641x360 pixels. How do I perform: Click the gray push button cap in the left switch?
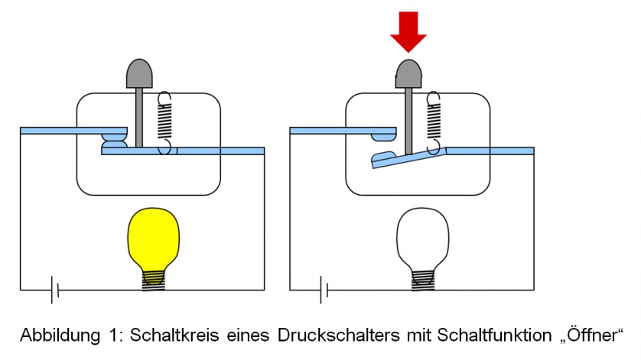(x=139, y=73)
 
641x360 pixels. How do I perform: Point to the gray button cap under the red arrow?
(x=408, y=74)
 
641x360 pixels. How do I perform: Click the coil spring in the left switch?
(x=164, y=122)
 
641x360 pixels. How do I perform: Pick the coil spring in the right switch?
(x=434, y=122)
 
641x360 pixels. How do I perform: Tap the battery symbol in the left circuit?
(x=55, y=290)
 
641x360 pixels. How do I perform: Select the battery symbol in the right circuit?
(x=324, y=290)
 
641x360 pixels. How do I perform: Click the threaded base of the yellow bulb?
(x=153, y=281)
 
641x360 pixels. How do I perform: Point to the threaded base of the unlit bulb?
(x=423, y=281)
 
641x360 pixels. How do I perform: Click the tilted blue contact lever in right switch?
(x=408, y=158)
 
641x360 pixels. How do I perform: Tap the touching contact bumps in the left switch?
(x=115, y=141)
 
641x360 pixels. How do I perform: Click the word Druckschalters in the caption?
(x=339, y=336)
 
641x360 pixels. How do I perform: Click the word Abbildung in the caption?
(x=60, y=336)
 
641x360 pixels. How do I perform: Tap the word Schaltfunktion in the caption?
(x=494, y=336)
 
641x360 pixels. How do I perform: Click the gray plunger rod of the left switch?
(x=139, y=118)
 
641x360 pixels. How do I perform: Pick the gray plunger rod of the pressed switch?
(x=408, y=122)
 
